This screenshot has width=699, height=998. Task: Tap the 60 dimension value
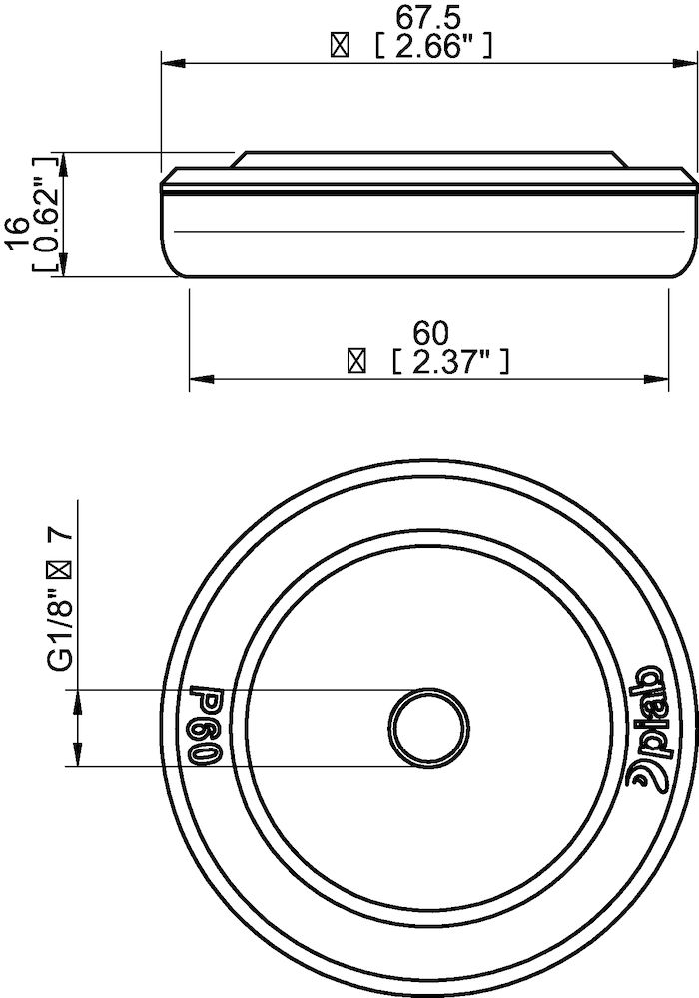tap(431, 331)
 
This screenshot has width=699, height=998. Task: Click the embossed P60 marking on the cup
tap(205, 725)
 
